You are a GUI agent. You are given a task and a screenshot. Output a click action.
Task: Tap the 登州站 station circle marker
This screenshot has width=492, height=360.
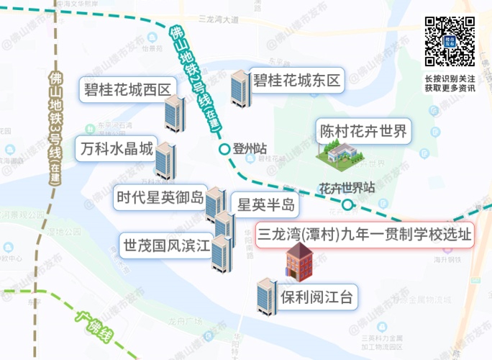tap(224, 150)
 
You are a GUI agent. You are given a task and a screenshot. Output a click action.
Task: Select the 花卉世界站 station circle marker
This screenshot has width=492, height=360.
tap(348, 205)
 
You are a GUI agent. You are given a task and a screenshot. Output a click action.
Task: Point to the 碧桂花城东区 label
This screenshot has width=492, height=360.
tap(295, 79)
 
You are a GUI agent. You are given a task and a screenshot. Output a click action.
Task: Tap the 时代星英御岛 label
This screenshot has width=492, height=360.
tap(160, 197)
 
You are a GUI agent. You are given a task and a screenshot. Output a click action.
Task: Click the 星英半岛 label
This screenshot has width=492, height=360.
tap(266, 205)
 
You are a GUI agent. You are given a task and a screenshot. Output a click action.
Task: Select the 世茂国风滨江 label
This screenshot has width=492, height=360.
tap(165, 245)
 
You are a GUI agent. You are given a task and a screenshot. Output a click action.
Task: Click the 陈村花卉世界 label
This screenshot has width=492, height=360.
tap(363, 132)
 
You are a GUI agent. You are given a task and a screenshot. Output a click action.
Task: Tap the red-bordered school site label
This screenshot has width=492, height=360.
tap(365, 235)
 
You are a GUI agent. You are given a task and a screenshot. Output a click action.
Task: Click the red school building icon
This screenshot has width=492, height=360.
tap(300, 261)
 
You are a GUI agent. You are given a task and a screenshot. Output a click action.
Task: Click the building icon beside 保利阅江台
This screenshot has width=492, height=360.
tap(267, 297)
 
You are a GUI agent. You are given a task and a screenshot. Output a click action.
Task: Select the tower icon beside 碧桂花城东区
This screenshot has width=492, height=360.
tap(238, 88)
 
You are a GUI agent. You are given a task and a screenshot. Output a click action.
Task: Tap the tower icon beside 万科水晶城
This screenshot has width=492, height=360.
tap(165, 162)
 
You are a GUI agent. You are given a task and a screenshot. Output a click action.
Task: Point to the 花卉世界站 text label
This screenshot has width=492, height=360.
tap(345, 189)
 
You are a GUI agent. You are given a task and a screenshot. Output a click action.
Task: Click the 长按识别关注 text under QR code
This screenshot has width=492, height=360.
tap(449, 78)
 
